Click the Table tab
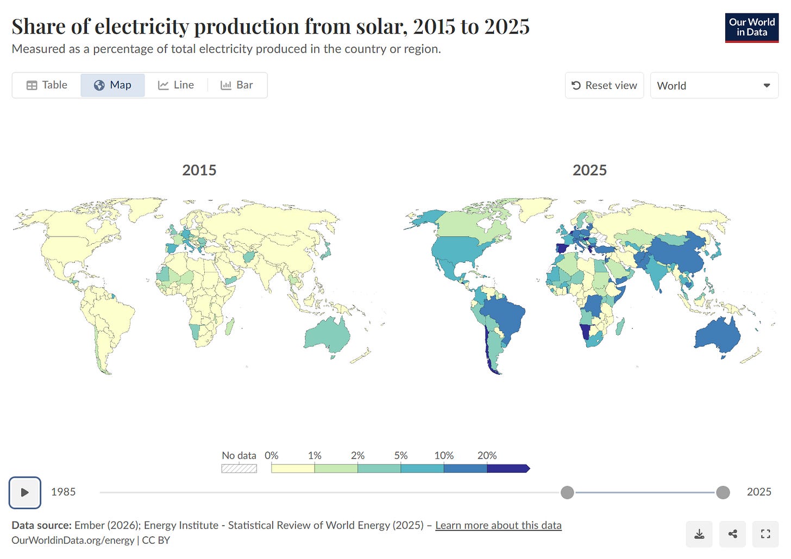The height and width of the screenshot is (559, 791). tap(47, 85)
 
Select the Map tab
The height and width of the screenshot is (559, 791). tap(112, 85)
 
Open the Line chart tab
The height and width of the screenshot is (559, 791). tap(176, 85)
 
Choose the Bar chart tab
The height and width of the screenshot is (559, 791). tap(237, 85)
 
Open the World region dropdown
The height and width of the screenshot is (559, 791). tap(714, 85)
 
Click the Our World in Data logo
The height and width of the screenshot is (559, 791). tap(751, 28)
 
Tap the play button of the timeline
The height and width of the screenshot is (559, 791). tap(25, 492)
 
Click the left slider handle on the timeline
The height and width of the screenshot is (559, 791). tap(567, 492)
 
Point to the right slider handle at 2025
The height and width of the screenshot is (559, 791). tap(723, 492)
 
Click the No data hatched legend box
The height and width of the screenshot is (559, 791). tap(239, 468)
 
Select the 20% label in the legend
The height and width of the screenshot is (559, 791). tap(487, 455)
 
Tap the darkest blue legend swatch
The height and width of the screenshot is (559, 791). tap(508, 468)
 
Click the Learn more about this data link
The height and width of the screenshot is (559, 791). tap(498, 525)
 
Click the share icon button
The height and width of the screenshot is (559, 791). tap(732, 534)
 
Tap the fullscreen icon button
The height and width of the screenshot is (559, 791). tap(765, 534)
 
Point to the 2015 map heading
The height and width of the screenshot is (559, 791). tap(199, 170)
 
